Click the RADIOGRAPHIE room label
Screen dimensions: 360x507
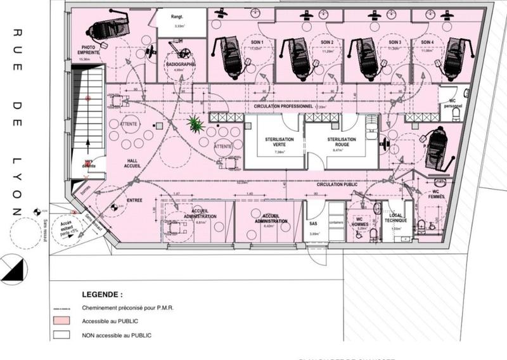coord(180,65)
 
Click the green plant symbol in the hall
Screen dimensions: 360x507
coord(195,125)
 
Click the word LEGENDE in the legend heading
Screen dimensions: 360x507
coord(102,295)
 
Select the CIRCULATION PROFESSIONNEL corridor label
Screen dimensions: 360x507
coord(283,106)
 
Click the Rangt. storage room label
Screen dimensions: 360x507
coord(179,16)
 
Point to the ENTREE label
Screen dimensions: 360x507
coord(134,200)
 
